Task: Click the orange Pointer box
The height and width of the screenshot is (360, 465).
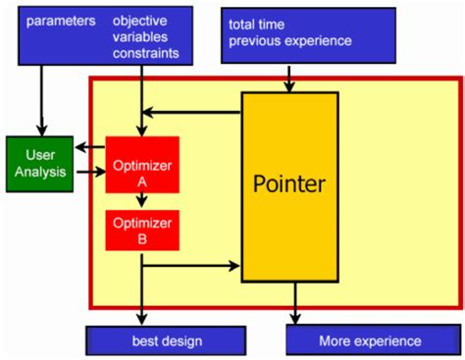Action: [x=289, y=185]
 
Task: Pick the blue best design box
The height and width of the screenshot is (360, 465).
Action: [x=166, y=340]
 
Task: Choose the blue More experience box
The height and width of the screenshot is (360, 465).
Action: [x=369, y=340]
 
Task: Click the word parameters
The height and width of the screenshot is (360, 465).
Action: [x=61, y=20]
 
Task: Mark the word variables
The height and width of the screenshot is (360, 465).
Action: [x=141, y=36]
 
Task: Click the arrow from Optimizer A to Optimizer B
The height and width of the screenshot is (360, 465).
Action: [x=141, y=201]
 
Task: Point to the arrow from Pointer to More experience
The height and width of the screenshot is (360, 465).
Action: [x=294, y=305]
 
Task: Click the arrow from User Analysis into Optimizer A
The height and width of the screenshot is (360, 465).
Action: [x=89, y=174]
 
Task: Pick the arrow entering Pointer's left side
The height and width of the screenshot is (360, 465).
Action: [x=196, y=264]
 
